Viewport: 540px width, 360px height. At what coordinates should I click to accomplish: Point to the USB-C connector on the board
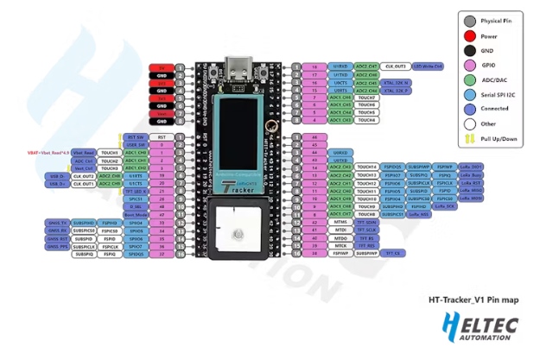(239, 66)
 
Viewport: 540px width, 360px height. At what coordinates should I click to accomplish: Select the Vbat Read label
(84, 152)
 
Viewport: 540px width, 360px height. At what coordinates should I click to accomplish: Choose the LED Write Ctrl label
(427, 66)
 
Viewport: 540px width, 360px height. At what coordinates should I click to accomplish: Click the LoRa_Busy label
(472, 175)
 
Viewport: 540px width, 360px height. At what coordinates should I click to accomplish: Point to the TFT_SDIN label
(369, 223)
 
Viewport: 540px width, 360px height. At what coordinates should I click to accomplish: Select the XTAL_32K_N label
(397, 82)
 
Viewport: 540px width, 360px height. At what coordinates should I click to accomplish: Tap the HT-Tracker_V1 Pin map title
(473, 301)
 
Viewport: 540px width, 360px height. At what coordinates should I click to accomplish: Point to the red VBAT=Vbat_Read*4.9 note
(48, 152)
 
